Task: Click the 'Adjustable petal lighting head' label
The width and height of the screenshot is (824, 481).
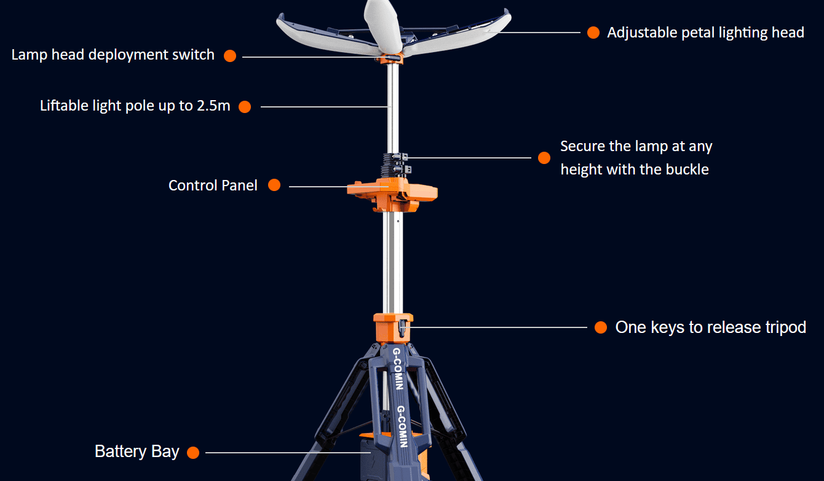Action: pyautogui.click(x=705, y=33)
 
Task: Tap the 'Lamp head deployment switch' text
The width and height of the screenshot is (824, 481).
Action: pyautogui.click(x=113, y=55)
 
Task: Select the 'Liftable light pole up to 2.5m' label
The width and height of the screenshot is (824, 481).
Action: pyautogui.click(x=135, y=106)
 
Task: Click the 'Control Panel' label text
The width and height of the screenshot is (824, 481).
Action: pyautogui.click(x=213, y=186)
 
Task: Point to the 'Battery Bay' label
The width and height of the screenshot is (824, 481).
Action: pyautogui.click(x=137, y=452)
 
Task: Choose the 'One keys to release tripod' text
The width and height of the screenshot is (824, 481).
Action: pyautogui.click(x=711, y=327)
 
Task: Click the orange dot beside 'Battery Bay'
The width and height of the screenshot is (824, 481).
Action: pyautogui.click(x=193, y=453)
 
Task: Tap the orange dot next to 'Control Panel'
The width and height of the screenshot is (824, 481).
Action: pyautogui.click(x=274, y=185)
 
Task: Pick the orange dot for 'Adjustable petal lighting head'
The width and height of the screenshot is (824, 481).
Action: pyautogui.click(x=593, y=33)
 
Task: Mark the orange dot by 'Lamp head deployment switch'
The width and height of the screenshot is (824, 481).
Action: pyautogui.click(x=230, y=56)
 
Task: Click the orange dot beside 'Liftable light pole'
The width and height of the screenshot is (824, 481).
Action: pyautogui.click(x=245, y=107)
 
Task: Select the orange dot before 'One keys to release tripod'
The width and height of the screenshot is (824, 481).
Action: pyautogui.click(x=601, y=327)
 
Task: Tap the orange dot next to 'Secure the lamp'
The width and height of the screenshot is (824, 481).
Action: pyautogui.click(x=544, y=158)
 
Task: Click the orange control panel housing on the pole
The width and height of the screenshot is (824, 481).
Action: pyautogui.click(x=392, y=194)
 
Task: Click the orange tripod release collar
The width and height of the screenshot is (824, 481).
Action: pyautogui.click(x=393, y=328)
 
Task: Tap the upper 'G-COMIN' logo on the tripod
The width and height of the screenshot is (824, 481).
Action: pyautogui.click(x=398, y=368)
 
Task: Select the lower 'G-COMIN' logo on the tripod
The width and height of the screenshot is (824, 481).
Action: pyautogui.click(x=403, y=426)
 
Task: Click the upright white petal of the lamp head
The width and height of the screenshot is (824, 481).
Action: pyautogui.click(x=382, y=26)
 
